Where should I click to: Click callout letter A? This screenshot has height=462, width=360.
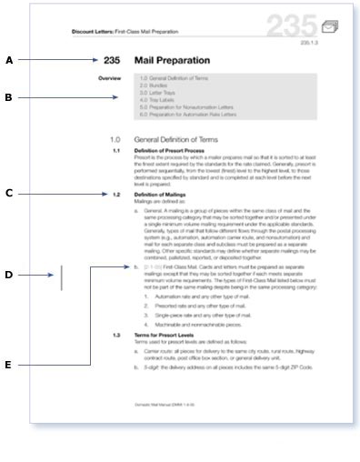tap(9, 60)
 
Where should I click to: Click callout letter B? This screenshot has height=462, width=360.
tap(9, 96)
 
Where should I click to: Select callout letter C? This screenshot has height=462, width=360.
tap(9, 193)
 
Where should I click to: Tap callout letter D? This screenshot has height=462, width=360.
tap(9, 275)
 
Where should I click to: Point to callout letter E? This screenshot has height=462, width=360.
tap(9, 365)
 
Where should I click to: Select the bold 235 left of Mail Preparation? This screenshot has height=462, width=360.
tap(112, 60)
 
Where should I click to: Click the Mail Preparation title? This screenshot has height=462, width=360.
tap(174, 60)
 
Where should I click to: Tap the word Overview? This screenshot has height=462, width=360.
tap(109, 79)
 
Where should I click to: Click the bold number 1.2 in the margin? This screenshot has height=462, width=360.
tap(116, 195)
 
